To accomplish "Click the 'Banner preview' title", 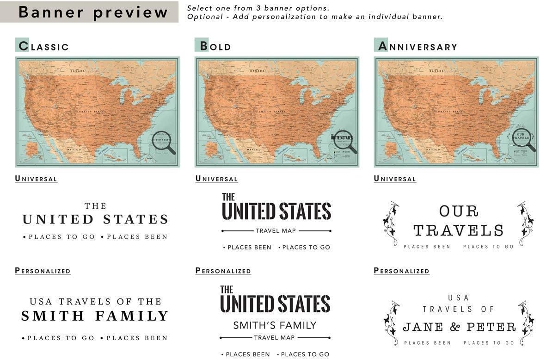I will pyautogui.click(x=93, y=12).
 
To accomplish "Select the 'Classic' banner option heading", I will pyautogui.click(x=42, y=46).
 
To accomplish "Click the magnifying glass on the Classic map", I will pyautogui.click(x=163, y=142).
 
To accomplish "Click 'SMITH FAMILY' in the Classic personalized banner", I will pyautogui.click(x=95, y=317).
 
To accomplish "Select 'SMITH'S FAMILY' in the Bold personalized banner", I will pyautogui.click(x=275, y=325).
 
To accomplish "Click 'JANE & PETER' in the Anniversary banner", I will pyautogui.click(x=459, y=327).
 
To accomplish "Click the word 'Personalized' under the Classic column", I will pyautogui.click(x=43, y=271).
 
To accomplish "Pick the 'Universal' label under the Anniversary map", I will pyautogui.click(x=395, y=179).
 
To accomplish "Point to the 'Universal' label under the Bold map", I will pyautogui.click(x=216, y=179).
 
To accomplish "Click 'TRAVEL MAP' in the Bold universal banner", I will pyautogui.click(x=276, y=230).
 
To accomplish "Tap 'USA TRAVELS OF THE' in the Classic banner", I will pyautogui.click(x=95, y=302).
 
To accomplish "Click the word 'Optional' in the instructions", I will pyautogui.click(x=203, y=17).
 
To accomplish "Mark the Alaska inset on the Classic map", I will pyautogui.click(x=32, y=149).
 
